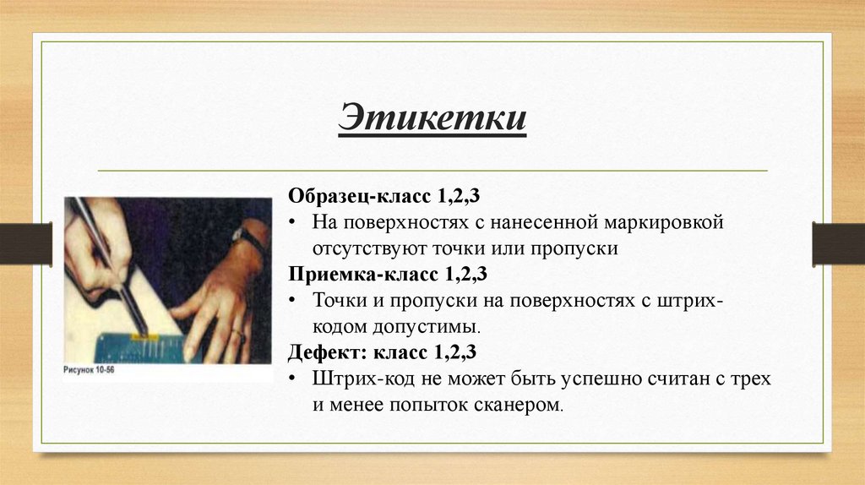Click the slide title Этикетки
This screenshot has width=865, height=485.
(432, 117)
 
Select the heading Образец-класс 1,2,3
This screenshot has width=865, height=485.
(384, 196)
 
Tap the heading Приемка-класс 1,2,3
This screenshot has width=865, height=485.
(388, 275)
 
